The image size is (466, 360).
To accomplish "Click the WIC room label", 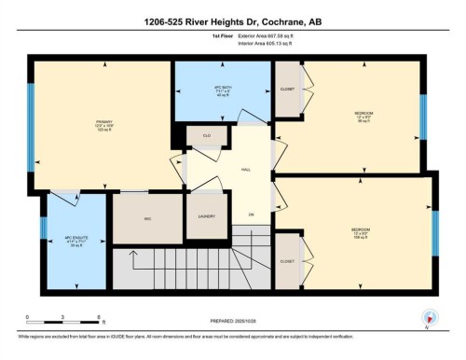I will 147,220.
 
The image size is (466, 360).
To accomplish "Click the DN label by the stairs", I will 251,215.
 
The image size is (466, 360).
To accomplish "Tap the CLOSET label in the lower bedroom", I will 287,262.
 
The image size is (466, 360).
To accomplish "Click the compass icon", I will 428,316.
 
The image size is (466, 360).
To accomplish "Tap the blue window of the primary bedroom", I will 31,127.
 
